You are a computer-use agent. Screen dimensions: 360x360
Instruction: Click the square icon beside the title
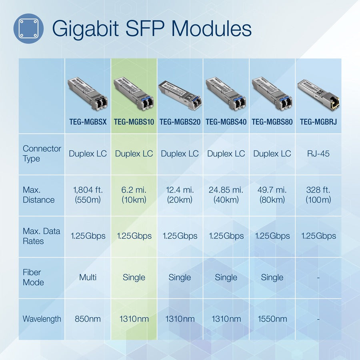point(28,28)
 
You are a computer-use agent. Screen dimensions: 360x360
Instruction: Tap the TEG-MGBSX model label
point(88,122)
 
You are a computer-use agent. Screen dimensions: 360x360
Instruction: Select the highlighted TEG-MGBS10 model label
point(134,122)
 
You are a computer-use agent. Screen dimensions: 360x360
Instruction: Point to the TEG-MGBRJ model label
point(318,122)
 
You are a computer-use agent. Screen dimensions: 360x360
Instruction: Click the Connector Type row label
point(42,154)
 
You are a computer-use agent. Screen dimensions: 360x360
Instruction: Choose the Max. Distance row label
point(38,195)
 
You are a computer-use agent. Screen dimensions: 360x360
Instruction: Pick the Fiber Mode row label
point(33,277)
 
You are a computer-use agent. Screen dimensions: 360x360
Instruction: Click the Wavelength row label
point(42,319)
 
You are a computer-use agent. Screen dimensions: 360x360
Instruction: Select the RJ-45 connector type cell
point(318,154)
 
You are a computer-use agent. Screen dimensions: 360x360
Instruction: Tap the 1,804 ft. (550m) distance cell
point(88,195)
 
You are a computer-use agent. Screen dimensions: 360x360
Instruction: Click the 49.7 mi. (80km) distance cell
point(272,195)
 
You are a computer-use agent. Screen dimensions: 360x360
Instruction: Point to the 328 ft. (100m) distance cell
point(318,195)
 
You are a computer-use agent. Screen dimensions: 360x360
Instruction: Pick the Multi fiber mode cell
point(88,277)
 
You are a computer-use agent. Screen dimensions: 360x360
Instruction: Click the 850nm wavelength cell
point(88,319)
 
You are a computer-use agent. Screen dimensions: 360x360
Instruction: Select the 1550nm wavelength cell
point(272,319)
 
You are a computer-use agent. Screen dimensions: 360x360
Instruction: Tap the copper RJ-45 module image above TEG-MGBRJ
point(318,94)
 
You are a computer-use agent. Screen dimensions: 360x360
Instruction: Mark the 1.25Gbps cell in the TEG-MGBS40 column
point(226,236)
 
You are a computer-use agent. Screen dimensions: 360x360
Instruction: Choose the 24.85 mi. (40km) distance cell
point(226,195)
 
